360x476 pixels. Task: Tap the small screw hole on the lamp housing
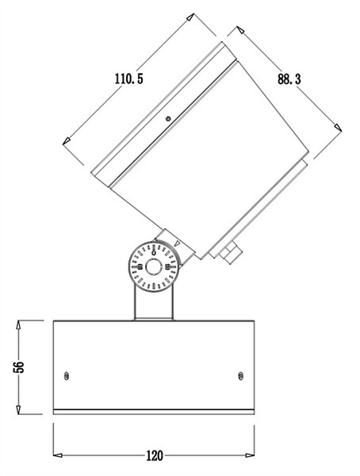tap(168, 121)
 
